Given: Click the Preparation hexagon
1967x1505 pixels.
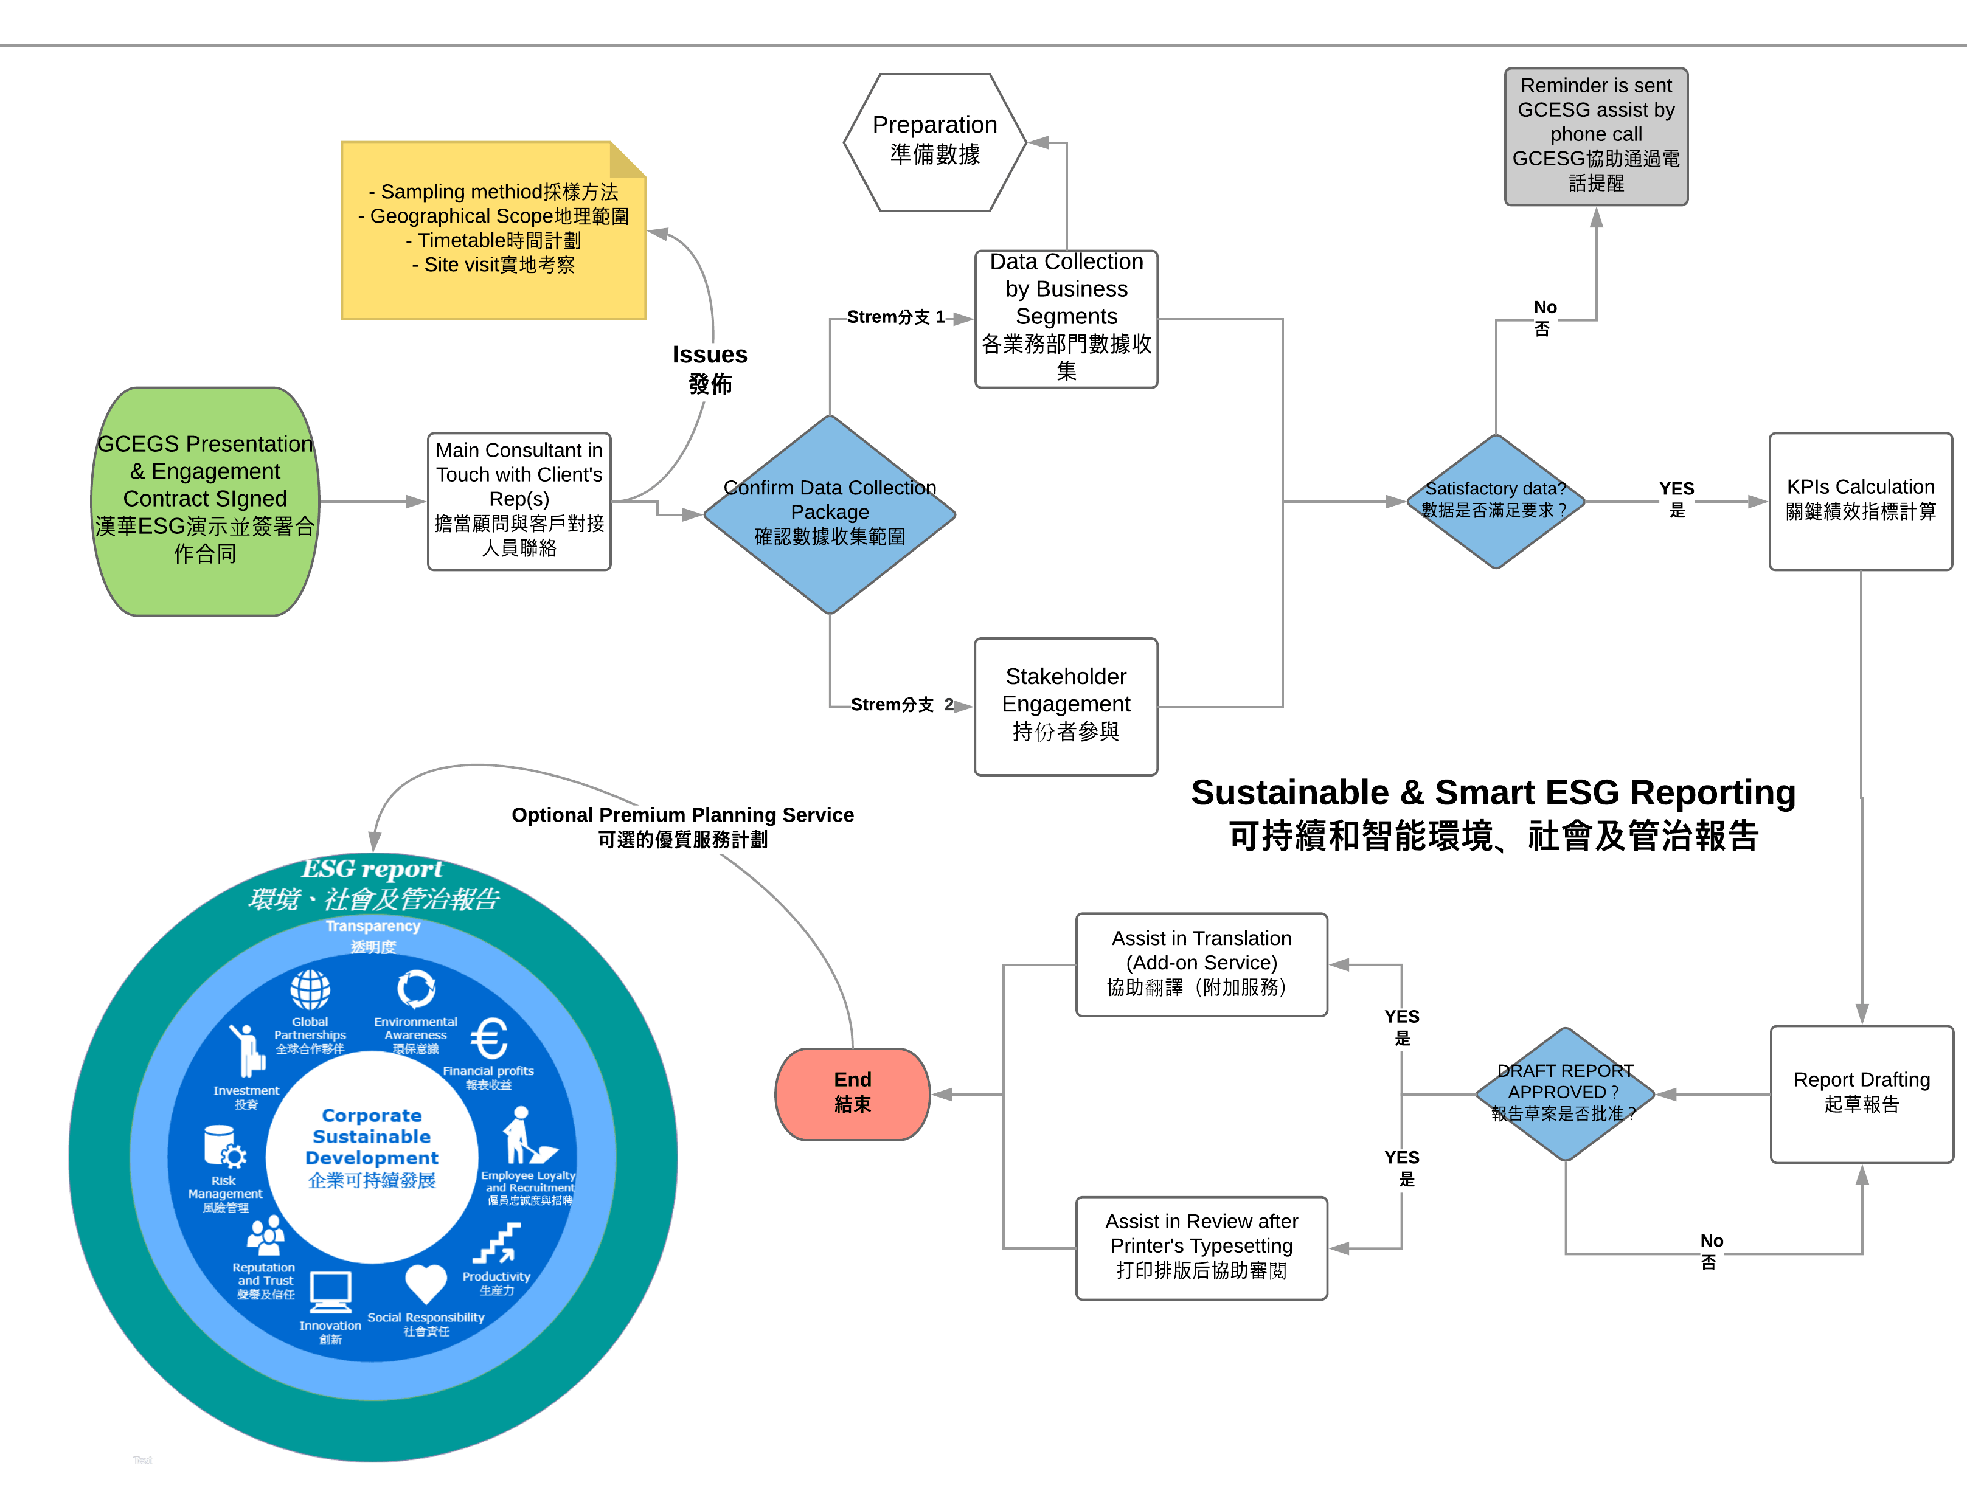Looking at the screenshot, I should [x=935, y=142].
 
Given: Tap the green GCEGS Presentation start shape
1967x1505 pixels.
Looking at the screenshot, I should [x=205, y=501].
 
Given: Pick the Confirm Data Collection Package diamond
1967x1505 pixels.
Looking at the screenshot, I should [x=830, y=513].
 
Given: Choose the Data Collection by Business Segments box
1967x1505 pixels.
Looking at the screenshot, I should [x=1066, y=318].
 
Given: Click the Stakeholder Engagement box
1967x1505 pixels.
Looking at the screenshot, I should [x=1066, y=706].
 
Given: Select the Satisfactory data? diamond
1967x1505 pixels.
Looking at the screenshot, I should [x=1495, y=501].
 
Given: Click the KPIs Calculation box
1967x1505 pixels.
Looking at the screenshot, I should [x=1861, y=501].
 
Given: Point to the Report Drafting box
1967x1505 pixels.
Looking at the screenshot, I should [x=1861, y=1093].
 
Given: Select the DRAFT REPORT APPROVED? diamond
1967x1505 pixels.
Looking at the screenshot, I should [x=1564, y=1093].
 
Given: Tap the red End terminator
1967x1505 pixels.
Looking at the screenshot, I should [x=852, y=1093].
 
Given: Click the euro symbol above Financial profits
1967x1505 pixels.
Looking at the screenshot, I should [x=489, y=1039].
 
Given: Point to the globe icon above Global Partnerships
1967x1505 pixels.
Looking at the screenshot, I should [x=310, y=990].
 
